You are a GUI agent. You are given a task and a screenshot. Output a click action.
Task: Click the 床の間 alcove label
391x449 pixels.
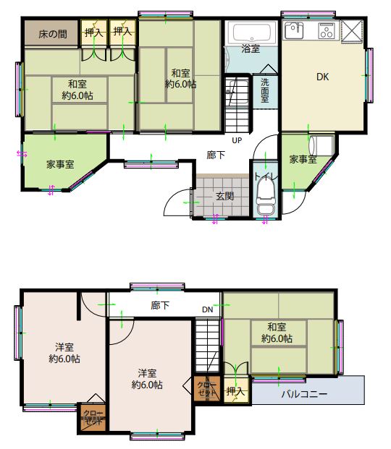(x=53, y=35)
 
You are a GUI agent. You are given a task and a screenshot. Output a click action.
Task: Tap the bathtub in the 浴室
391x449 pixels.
(x=252, y=33)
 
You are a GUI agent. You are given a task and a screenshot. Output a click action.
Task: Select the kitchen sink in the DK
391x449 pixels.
(x=294, y=30)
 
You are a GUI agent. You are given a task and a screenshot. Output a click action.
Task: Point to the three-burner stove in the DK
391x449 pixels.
(x=327, y=30)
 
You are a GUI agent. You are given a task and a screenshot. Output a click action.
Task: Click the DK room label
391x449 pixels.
(x=322, y=77)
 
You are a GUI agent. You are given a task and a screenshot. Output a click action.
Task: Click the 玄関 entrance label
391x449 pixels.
(x=224, y=197)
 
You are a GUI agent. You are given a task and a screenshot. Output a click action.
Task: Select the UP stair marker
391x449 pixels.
(x=237, y=140)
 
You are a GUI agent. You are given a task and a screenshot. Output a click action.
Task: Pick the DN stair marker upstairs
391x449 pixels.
(x=207, y=309)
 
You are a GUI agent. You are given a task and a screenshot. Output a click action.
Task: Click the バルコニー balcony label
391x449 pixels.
(x=304, y=394)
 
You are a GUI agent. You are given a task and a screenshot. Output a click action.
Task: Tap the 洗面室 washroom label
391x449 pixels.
(x=265, y=90)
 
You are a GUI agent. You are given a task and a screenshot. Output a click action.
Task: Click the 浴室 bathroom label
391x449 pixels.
(x=251, y=49)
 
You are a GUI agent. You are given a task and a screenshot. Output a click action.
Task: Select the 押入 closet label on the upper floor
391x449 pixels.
(x=235, y=391)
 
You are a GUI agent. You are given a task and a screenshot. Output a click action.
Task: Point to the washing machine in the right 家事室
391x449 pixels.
(x=321, y=146)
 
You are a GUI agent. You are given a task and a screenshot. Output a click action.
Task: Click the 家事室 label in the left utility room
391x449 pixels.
(x=60, y=165)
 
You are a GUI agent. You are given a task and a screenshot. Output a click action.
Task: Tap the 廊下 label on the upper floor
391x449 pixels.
(x=160, y=306)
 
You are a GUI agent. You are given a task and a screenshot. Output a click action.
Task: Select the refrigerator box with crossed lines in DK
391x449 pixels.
(x=353, y=32)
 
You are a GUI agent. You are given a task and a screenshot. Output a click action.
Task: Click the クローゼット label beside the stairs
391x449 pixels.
(x=207, y=389)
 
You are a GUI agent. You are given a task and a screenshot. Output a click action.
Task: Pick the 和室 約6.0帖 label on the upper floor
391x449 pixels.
(x=277, y=333)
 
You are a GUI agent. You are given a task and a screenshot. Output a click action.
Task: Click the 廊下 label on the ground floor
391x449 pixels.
(x=216, y=155)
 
